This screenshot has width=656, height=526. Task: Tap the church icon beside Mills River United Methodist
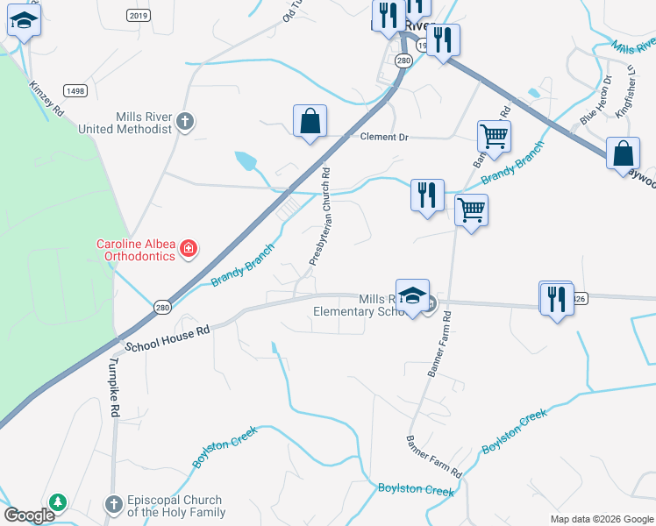(184, 121)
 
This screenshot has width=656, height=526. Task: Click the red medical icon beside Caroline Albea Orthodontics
(188, 251)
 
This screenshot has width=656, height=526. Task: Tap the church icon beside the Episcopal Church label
(113, 504)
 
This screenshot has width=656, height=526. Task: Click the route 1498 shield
(75, 90)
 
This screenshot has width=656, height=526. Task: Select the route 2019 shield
(138, 15)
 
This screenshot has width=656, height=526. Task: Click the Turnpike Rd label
(113, 387)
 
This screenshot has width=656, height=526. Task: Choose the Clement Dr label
(385, 137)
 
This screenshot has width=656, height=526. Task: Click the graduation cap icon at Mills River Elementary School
(412, 296)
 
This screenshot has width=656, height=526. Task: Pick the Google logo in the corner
(29, 515)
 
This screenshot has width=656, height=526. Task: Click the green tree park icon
(58, 502)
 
